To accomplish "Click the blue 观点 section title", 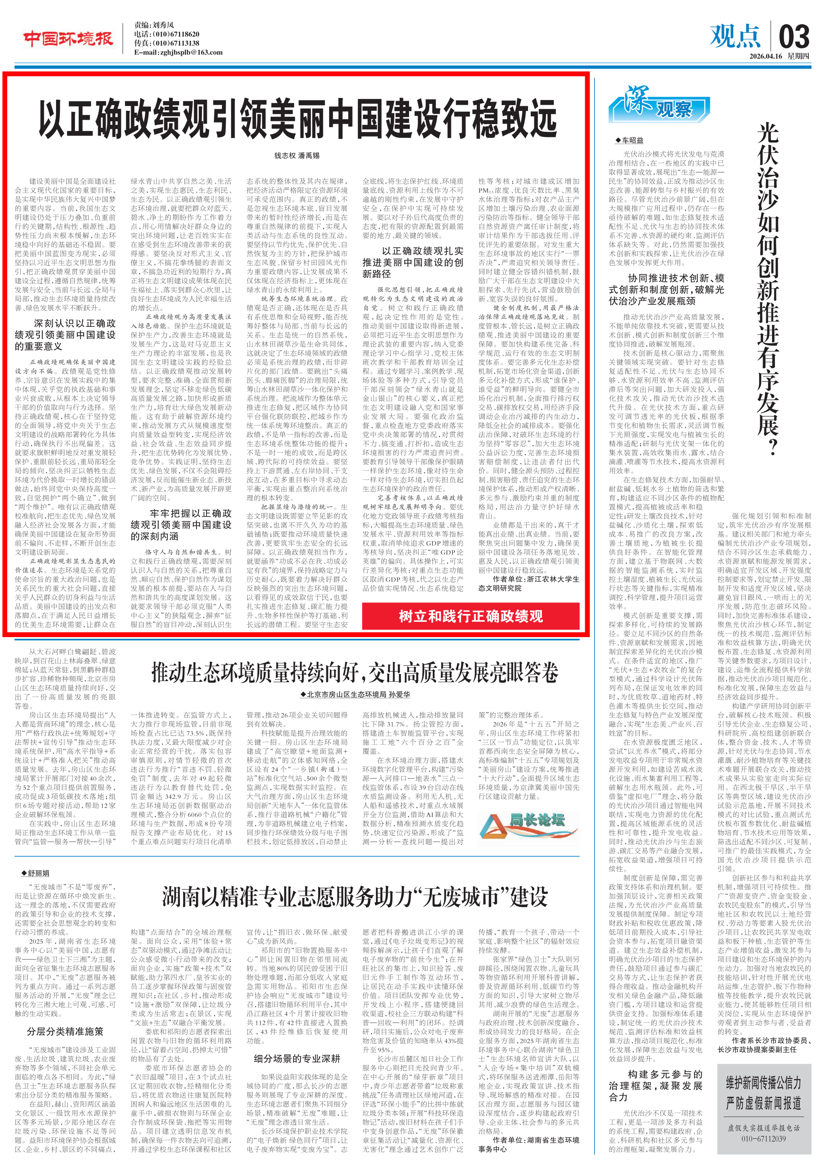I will [735, 37].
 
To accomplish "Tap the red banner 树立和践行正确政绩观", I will [470, 617].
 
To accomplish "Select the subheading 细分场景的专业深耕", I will [296, 1059].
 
